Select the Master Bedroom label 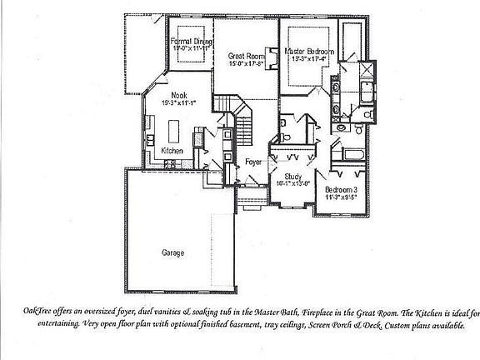click(x=309, y=52)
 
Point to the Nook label click(x=178, y=95)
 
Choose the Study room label click(x=292, y=176)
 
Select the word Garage click(x=173, y=252)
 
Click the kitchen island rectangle click(x=176, y=132)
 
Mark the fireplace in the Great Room click(x=272, y=55)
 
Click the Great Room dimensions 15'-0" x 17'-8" click(x=246, y=62)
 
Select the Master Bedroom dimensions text click(x=310, y=59)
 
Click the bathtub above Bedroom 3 click(x=350, y=155)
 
